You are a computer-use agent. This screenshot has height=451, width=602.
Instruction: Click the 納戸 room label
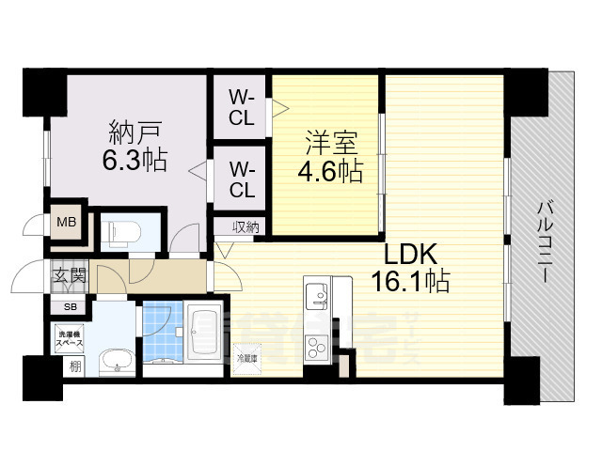pyautogui.click(x=126, y=130)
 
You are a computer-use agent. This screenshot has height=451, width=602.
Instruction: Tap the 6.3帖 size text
pyautogui.click(x=135, y=160)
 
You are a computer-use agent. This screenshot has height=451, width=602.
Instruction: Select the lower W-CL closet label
pyautogui.click(x=242, y=179)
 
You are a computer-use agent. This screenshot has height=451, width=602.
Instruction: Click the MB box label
pyautogui.click(x=66, y=223)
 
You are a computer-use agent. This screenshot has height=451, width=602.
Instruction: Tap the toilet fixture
pyautogui.click(x=119, y=231)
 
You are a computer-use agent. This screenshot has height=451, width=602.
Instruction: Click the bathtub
pyautogui.click(x=203, y=334)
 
